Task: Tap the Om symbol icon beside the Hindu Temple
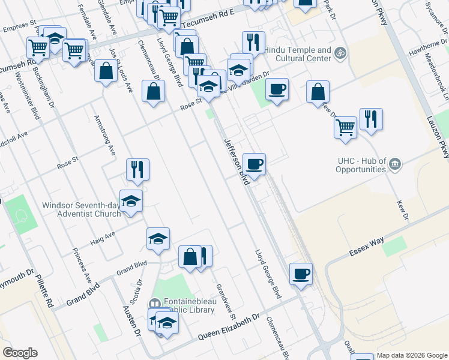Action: coord(341,53)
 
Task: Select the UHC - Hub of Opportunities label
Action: coord(352,165)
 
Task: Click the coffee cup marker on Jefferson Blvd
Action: coord(255,163)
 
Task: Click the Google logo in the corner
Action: coord(20,353)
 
